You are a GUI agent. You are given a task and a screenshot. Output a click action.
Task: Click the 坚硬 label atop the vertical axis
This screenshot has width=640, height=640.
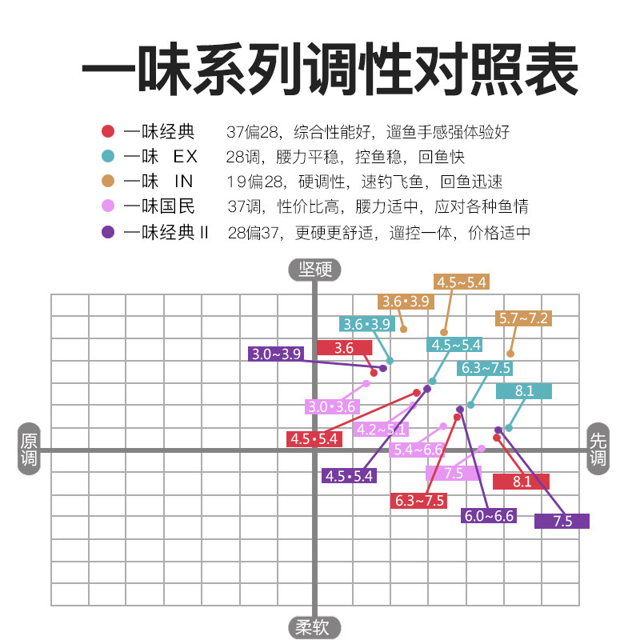314,270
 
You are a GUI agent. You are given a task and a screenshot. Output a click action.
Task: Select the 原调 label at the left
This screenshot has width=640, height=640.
29,450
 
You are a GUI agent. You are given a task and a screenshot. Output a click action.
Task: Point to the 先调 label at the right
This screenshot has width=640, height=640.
598,450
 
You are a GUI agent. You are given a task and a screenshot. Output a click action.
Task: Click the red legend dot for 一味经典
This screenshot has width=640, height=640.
108,131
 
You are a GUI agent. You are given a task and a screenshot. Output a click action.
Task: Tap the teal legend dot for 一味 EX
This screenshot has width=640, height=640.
108,156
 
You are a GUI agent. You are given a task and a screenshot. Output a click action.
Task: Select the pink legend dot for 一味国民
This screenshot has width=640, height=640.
108,206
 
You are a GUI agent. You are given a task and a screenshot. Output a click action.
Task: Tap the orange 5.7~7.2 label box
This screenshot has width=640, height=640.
524,318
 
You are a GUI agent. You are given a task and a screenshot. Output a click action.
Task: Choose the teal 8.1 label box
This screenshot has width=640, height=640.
524,391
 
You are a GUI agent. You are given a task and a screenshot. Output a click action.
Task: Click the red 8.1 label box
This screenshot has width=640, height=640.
521,482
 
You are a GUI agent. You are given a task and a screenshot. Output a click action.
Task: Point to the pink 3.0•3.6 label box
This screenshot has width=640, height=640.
331,406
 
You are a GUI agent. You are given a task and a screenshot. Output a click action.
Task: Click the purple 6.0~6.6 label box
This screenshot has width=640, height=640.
489,516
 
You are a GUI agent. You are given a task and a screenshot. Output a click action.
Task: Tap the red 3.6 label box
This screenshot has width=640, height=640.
344,347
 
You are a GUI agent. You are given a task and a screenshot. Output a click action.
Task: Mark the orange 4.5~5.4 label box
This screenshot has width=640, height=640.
462,282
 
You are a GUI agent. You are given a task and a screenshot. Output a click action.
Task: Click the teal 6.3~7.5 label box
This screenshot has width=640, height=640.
485,369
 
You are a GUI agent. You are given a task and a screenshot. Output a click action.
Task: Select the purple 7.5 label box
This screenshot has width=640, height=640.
562,521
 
